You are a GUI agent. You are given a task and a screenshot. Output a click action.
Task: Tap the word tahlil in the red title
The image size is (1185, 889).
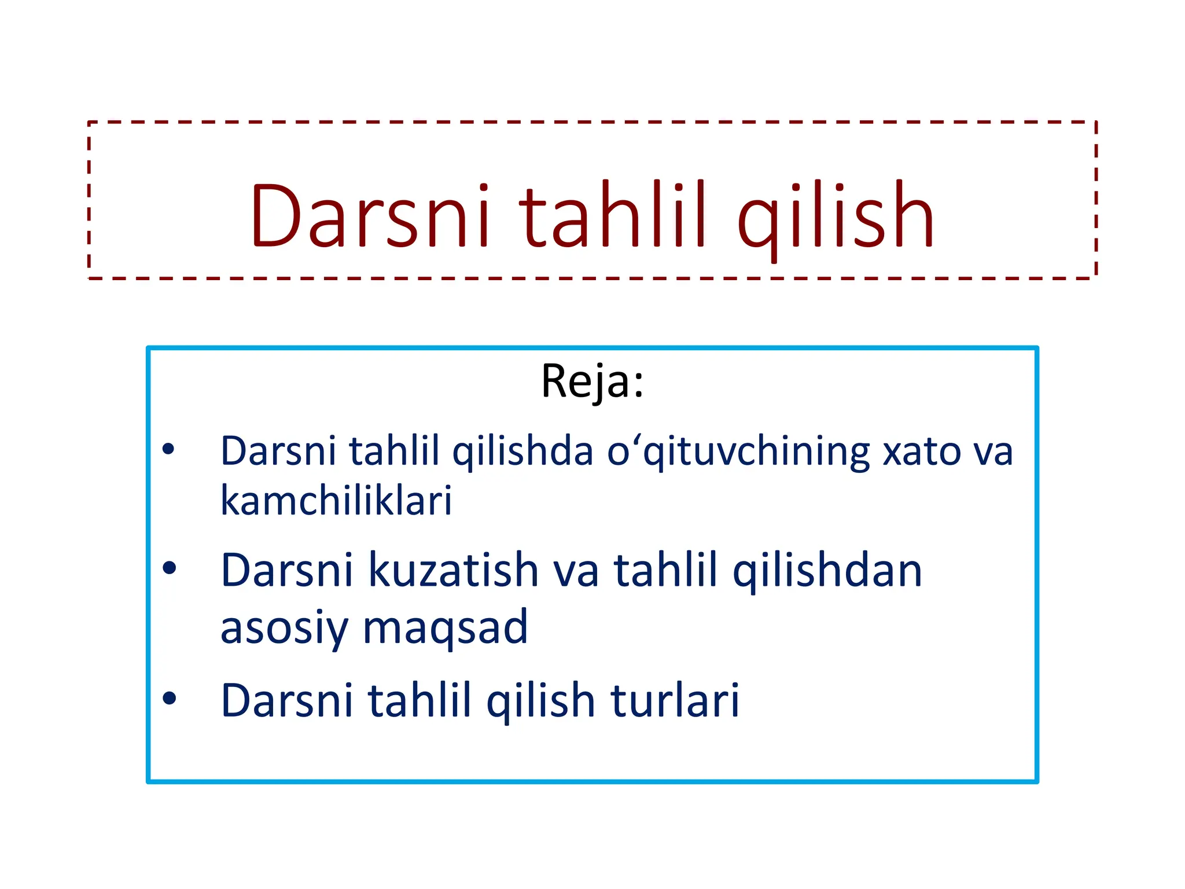pos(613,215)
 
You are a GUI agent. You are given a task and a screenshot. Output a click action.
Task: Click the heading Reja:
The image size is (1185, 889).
pos(592,381)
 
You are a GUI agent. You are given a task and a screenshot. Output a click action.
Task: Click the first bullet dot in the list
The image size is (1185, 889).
pos(168,449)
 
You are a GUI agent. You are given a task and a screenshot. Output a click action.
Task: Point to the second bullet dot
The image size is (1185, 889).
pos(169,568)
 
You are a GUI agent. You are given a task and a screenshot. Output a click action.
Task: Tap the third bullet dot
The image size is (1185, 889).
pos(169,698)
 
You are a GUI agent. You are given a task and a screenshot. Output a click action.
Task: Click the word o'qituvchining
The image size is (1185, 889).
pos(738,451)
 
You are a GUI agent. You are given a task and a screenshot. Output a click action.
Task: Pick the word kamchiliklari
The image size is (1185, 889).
pos(336,501)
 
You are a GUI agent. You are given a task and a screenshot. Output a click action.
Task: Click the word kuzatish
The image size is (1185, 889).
pos(454,571)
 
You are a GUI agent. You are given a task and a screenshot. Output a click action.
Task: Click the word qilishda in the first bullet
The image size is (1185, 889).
pos(522,451)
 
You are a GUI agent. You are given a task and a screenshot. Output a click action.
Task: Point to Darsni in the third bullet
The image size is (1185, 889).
pos(286,701)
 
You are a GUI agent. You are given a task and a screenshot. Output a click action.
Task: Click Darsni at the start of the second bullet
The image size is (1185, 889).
pos(286,571)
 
